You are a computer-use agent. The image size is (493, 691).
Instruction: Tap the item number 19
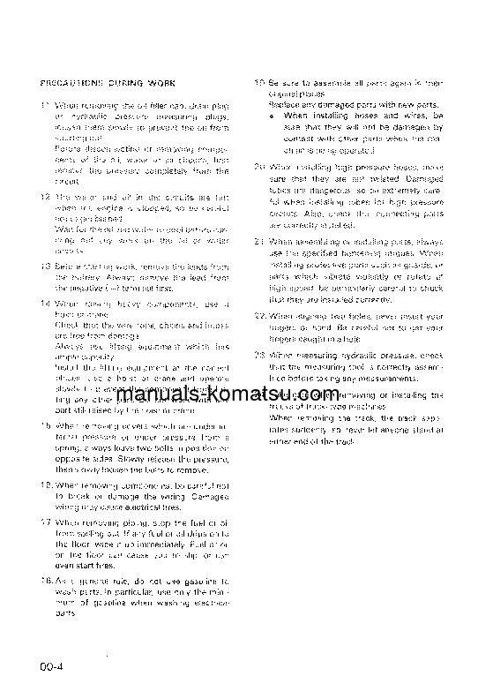(259, 82)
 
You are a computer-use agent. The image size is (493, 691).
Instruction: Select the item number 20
(259, 165)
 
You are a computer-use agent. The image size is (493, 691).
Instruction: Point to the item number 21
(259, 240)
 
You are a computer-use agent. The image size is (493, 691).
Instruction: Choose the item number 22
(259, 315)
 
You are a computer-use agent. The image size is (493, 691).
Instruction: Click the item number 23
(259, 355)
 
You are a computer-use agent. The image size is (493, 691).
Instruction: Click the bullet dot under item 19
(275, 116)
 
